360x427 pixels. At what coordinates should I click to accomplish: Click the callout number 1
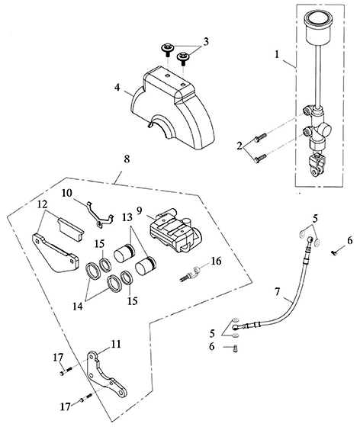[x=277, y=54]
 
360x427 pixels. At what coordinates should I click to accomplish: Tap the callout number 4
[x=117, y=88]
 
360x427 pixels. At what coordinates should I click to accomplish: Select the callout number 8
[x=127, y=159]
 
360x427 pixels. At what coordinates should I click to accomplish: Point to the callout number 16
[x=216, y=261]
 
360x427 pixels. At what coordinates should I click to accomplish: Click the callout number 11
[x=115, y=344]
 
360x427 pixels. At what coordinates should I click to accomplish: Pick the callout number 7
[x=277, y=291]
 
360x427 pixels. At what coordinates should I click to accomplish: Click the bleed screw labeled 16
[x=189, y=274]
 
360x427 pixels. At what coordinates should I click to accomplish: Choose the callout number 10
[x=67, y=193]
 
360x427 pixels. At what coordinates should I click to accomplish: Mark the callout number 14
[x=77, y=306]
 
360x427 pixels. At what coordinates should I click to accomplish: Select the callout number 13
[x=127, y=217]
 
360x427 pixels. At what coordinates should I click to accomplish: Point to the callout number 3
[x=206, y=42]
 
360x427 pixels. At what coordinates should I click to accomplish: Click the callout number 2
[x=239, y=146]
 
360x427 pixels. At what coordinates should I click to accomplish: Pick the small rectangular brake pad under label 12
[x=71, y=229]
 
